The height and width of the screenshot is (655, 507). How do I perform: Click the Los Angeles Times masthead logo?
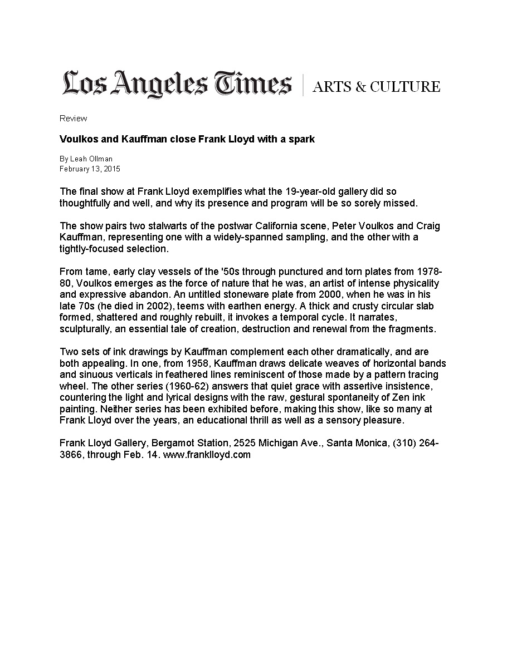point(177,85)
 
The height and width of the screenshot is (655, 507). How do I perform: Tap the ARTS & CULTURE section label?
point(376,87)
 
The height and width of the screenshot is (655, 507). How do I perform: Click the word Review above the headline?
point(73,119)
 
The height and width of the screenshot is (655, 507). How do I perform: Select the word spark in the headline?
point(301,139)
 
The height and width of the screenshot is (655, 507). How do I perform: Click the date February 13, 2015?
point(90,169)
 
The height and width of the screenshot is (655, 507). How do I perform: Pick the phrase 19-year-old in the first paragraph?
point(310,192)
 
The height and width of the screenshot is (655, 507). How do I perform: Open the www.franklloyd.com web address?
point(207,455)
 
